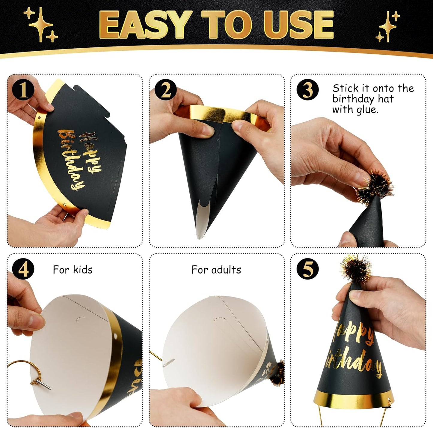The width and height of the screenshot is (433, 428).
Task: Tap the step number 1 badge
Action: (23, 90)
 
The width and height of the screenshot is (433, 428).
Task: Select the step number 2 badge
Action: (165, 90)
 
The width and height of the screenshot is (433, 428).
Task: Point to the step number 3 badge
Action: (307, 90)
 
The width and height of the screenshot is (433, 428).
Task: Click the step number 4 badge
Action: (23, 269)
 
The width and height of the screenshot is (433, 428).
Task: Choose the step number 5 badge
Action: (307, 269)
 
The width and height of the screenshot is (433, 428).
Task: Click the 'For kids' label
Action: (73, 270)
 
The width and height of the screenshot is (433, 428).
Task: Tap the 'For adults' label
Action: (216, 270)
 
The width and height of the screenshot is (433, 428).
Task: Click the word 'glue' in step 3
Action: (367, 110)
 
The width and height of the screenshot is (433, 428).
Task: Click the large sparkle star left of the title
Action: (41, 24)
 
